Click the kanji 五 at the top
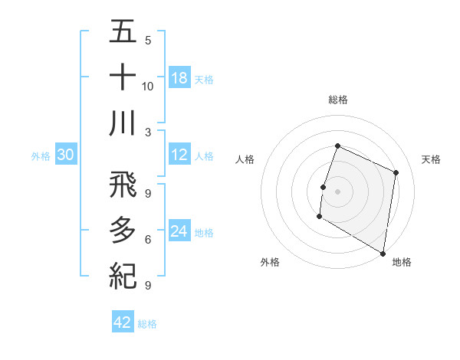[x=123, y=33]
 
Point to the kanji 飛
[x=123, y=184]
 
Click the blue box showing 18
[x=179, y=78]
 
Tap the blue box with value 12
[x=179, y=155]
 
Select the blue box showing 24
[x=179, y=231]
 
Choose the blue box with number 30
[x=66, y=155]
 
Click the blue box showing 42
[x=123, y=322]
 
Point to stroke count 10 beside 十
[x=148, y=86]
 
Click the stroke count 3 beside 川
[x=148, y=132]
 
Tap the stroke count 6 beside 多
[x=148, y=240]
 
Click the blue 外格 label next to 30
[x=41, y=156]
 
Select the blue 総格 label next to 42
[x=147, y=324]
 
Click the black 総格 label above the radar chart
[x=338, y=100]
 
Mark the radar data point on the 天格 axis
[x=396, y=173]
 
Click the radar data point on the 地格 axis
[x=383, y=252]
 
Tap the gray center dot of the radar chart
[x=337, y=191]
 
